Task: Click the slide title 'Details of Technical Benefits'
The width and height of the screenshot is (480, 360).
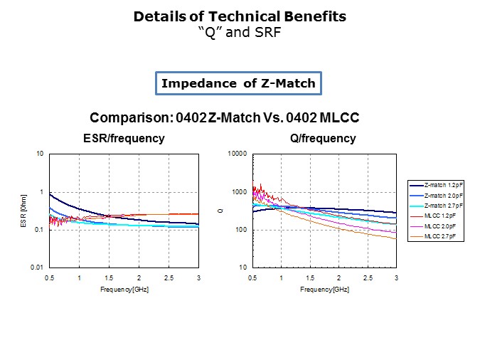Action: click(x=239, y=16)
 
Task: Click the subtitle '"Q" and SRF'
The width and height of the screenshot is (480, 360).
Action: click(x=239, y=32)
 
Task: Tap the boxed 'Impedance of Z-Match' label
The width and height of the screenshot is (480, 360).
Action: click(x=238, y=83)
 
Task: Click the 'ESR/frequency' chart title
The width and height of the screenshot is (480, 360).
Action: click(x=124, y=138)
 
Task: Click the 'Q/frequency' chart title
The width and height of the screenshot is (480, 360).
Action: click(x=324, y=138)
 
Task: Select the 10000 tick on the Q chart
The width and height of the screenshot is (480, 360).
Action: click(x=238, y=154)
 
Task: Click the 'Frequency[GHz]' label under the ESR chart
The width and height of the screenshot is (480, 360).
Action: click(x=124, y=290)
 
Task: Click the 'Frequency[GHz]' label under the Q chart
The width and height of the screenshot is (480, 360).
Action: click(x=324, y=290)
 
